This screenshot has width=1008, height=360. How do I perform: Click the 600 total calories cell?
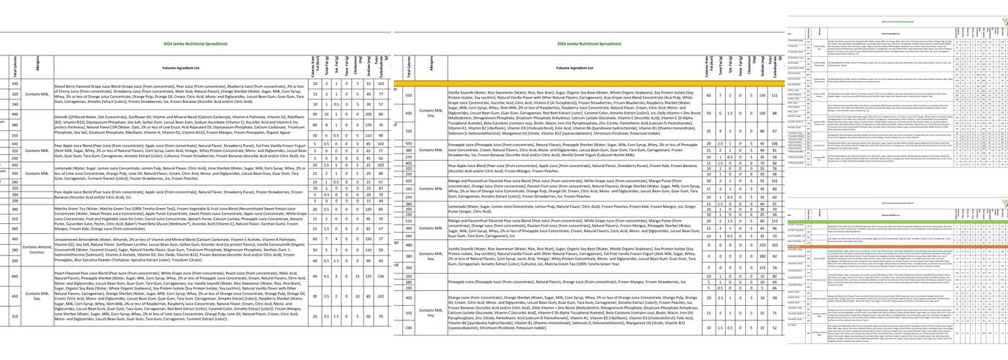coord(14,276)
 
